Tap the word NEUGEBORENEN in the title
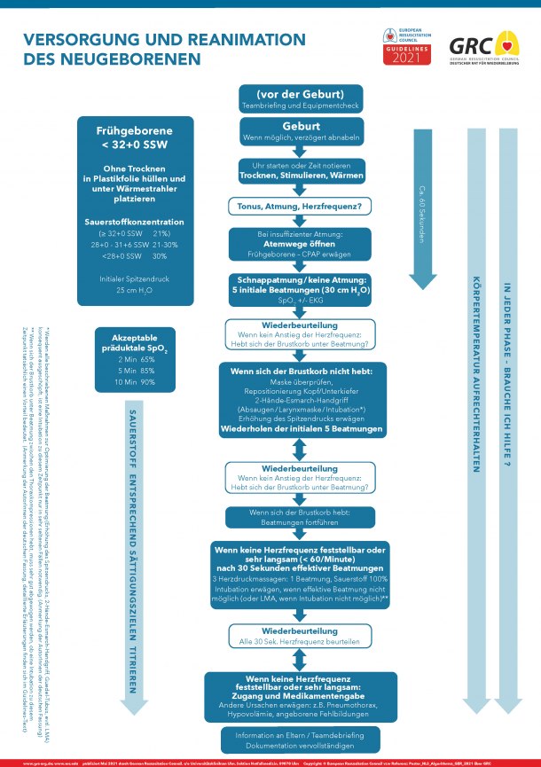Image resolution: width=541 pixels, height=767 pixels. pyautogui.click(x=111, y=60)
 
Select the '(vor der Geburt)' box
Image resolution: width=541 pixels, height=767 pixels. pyautogui.click(x=301, y=98)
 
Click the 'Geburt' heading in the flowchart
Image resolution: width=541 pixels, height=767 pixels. pyautogui.click(x=301, y=126)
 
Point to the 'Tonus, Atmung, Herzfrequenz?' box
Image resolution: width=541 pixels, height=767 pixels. pyautogui.click(x=301, y=205)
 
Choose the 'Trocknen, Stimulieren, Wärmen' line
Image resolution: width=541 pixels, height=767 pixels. pyautogui.click(x=301, y=176)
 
